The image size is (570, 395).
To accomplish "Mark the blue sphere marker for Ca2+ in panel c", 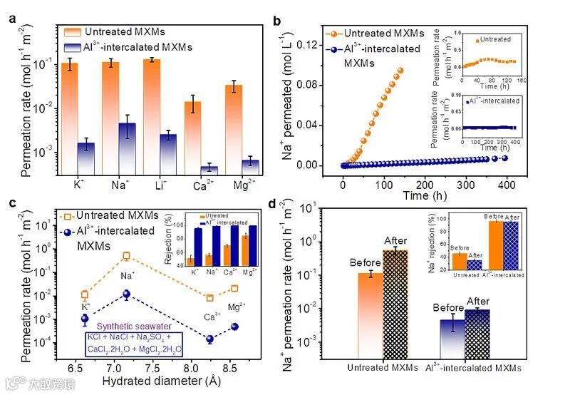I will [x=210, y=339].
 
